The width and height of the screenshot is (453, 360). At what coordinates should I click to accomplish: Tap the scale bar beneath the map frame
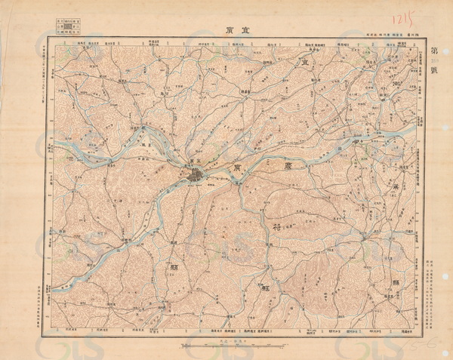click(x=226, y=346)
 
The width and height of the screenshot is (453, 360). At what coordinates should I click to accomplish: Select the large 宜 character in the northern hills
click(x=306, y=66)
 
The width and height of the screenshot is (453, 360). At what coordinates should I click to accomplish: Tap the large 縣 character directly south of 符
click(x=266, y=288)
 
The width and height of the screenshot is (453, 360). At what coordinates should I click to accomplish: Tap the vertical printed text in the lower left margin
click(x=42, y=302)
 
